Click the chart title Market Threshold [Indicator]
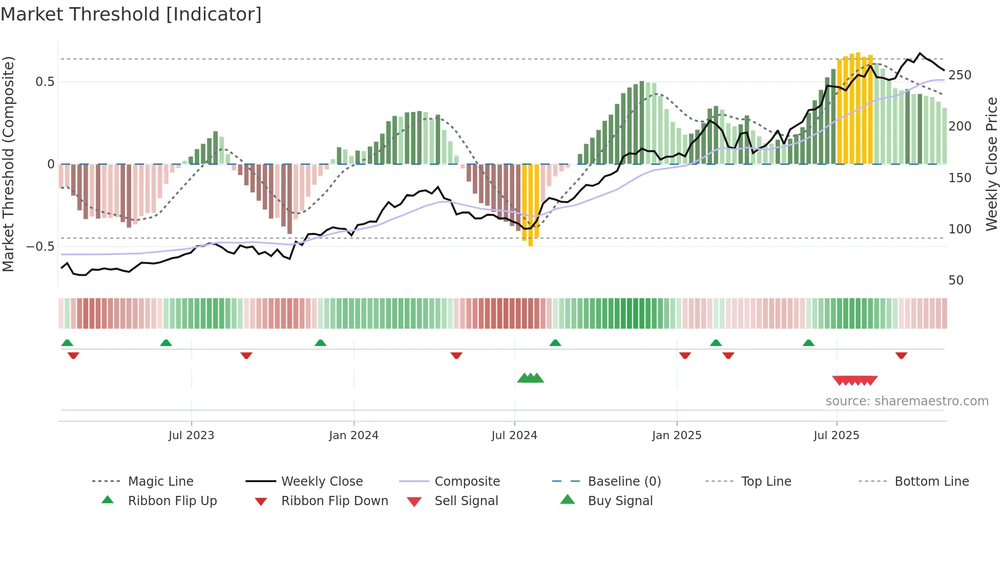point(131,14)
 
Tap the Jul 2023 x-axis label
point(191,436)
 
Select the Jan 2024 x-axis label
point(353,436)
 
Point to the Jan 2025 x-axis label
point(676,436)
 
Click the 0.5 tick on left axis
point(45,82)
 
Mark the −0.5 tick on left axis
point(40,247)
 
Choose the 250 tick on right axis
point(959,75)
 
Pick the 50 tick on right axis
point(956,280)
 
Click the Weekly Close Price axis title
point(992,164)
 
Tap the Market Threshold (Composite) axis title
point(8,164)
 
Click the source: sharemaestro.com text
point(907,401)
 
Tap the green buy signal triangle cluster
point(530,378)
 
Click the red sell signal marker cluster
point(854,380)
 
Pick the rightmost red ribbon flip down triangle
point(901,355)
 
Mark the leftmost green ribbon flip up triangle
point(67,343)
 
